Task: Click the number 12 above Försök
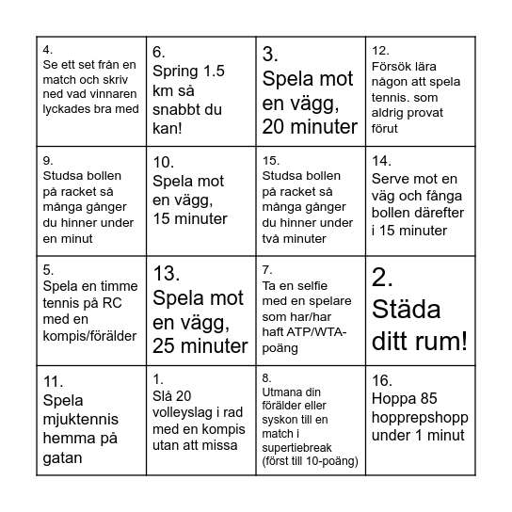[x=381, y=51]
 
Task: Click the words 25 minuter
[x=200, y=345]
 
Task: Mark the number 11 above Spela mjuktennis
[x=53, y=380]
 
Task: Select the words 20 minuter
[x=310, y=125]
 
